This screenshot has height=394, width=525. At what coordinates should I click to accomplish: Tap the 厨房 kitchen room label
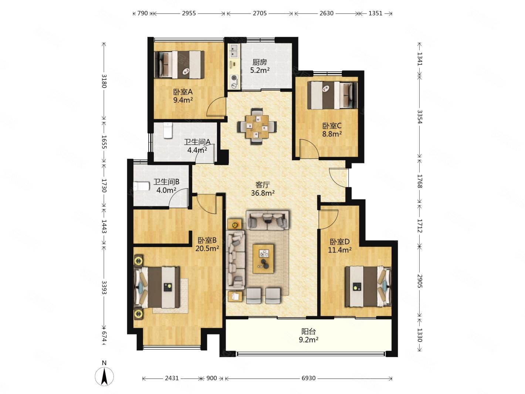click(x=259, y=62)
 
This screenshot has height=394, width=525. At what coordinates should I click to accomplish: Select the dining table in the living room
click(x=257, y=126)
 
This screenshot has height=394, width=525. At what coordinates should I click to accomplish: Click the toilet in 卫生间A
click(x=167, y=130)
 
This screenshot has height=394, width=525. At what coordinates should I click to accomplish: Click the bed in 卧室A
click(x=179, y=65)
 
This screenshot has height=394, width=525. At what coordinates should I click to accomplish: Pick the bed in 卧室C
click(x=332, y=95)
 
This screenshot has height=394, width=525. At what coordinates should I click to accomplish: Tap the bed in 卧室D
click(x=368, y=286)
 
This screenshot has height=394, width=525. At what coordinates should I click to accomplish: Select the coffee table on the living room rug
click(x=263, y=258)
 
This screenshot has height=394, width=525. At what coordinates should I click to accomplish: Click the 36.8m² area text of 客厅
click(x=262, y=193)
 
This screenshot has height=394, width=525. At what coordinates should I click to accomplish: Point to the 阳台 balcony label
click(x=308, y=331)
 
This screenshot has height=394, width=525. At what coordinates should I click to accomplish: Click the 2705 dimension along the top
click(x=260, y=13)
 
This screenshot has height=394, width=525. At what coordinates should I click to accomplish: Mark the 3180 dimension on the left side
click(x=104, y=81)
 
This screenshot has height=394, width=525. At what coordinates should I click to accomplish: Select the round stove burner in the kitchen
click(x=234, y=78)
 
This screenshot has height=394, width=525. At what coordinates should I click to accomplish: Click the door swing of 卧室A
click(x=216, y=107)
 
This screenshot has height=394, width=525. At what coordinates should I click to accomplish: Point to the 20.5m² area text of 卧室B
click(x=207, y=248)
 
